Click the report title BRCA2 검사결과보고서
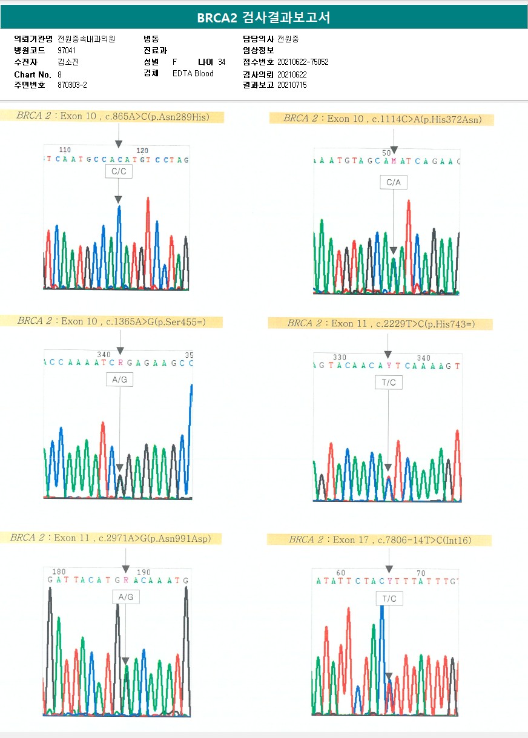coord(263,18)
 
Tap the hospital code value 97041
coord(67,50)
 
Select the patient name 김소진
coord(68,62)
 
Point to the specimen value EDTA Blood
coord(193,74)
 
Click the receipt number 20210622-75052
coord(303,62)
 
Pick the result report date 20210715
coord(292,85)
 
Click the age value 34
coord(222,62)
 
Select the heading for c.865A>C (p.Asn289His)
coord(113,116)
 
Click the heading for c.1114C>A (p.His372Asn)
coord(382,119)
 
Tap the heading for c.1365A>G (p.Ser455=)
coord(111,321)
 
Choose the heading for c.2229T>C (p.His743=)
coord(381,324)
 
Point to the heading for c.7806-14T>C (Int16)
coord(380,539)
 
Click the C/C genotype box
coord(118,171)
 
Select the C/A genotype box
coord(394,182)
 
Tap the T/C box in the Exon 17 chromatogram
coord(389,599)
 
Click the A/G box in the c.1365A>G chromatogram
coord(119,380)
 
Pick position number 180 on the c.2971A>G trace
coord(59,572)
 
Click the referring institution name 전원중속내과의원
coord(86,39)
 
